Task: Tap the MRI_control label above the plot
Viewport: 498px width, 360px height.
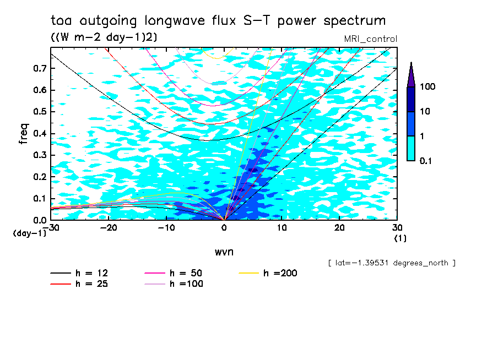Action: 370,39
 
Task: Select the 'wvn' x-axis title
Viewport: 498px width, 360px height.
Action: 224,252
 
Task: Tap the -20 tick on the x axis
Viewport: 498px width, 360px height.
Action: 109,227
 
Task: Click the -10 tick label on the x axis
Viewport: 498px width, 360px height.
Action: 166,227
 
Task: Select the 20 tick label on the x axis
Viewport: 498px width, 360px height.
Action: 339,227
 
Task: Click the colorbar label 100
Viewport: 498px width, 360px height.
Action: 427,87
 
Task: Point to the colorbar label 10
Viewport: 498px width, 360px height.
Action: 425,112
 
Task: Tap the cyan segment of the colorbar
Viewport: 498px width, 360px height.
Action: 411,148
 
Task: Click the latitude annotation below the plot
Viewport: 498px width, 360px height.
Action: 392,263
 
